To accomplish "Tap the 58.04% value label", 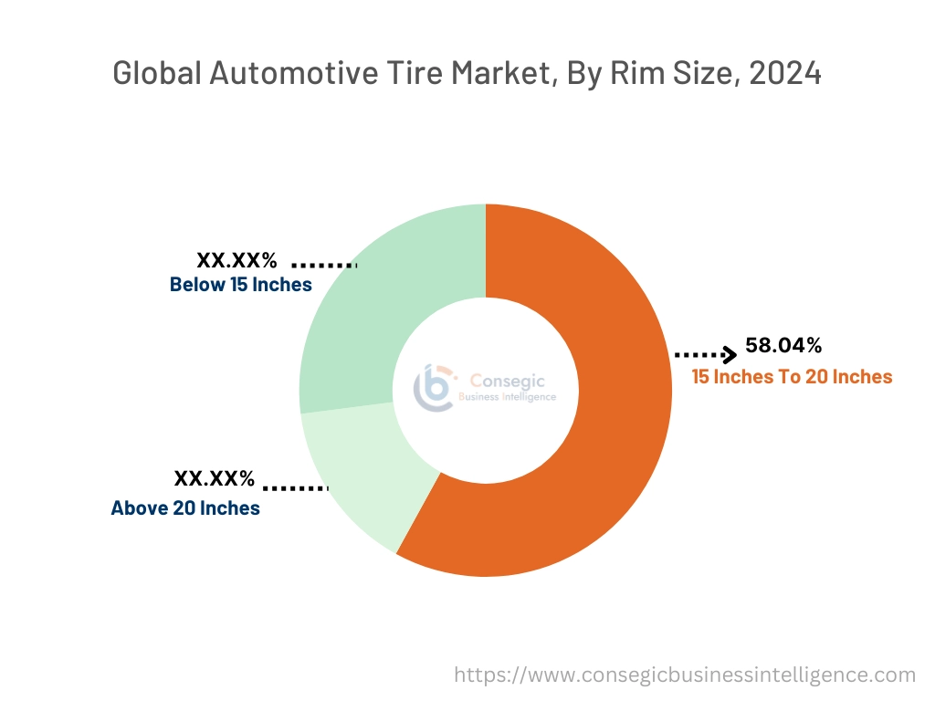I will [783, 345].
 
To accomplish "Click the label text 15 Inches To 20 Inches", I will [792, 376].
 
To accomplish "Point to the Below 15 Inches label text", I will [241, 285].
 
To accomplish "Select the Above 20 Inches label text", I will [185, 508].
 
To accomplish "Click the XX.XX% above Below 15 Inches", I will [236, 260].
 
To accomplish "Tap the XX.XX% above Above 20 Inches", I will [215, 478].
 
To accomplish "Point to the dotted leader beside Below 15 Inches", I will [323, 266].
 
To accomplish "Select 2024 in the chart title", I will [784, 73].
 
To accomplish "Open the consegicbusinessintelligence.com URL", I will [685, 675].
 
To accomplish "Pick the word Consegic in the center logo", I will [499, 380].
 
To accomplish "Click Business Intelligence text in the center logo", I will [507, 397].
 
